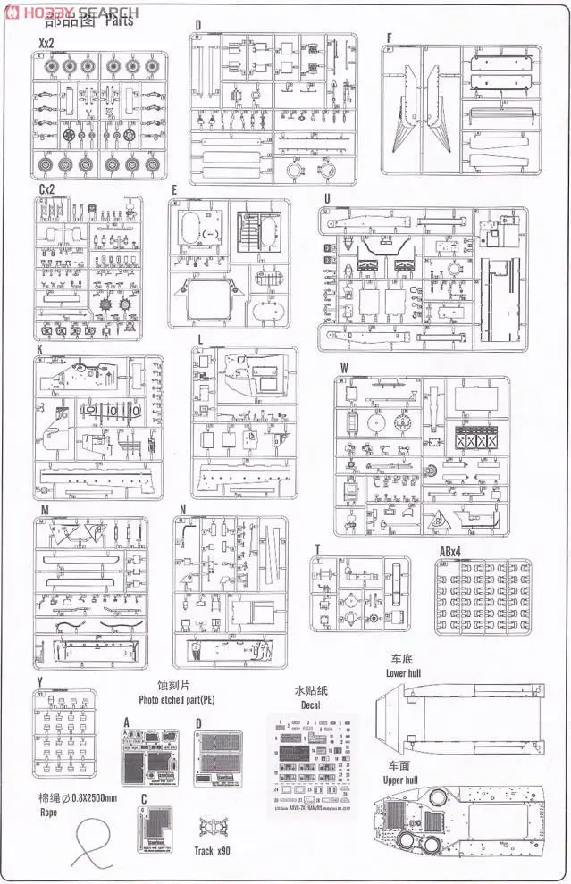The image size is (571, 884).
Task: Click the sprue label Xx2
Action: pos(45,43)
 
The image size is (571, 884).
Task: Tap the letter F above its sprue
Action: pos(389,38)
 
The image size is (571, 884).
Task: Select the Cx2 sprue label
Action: pos(46,189)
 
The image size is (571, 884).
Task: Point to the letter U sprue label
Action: pos(328,199)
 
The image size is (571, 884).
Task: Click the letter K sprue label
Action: pos(40,351)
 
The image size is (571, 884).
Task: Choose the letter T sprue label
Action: pos(316,549)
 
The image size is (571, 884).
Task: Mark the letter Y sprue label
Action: pos(40,682)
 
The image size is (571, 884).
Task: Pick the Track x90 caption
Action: pos(215,850)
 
